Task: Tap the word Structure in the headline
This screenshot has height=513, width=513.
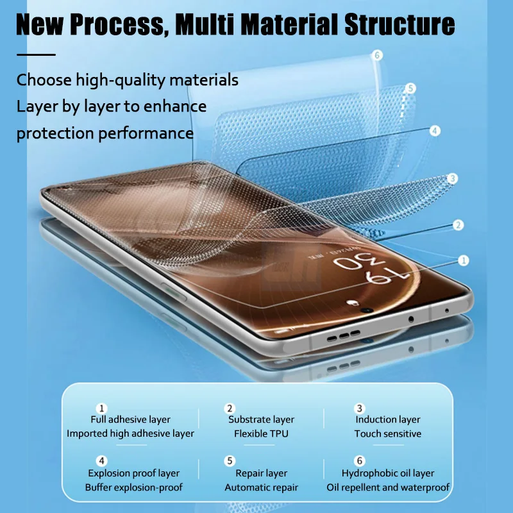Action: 400,24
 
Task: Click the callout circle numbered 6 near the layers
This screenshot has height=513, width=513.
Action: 378,56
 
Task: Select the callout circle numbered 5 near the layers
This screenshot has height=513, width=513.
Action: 411,88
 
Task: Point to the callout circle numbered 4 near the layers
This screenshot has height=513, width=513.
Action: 435,131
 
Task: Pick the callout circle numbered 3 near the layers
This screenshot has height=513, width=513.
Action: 452,178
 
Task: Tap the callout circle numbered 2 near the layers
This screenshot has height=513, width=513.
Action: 458,225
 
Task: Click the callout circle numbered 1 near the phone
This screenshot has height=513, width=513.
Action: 463,260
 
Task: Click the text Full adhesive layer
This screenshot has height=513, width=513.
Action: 130,420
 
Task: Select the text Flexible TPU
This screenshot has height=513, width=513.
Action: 261,434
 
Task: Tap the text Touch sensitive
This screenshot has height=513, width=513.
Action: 388,434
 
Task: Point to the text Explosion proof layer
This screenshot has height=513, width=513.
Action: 133,474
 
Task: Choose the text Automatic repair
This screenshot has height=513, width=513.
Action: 261,488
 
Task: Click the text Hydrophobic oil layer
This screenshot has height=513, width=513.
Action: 388,474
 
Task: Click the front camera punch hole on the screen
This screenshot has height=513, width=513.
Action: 367,310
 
